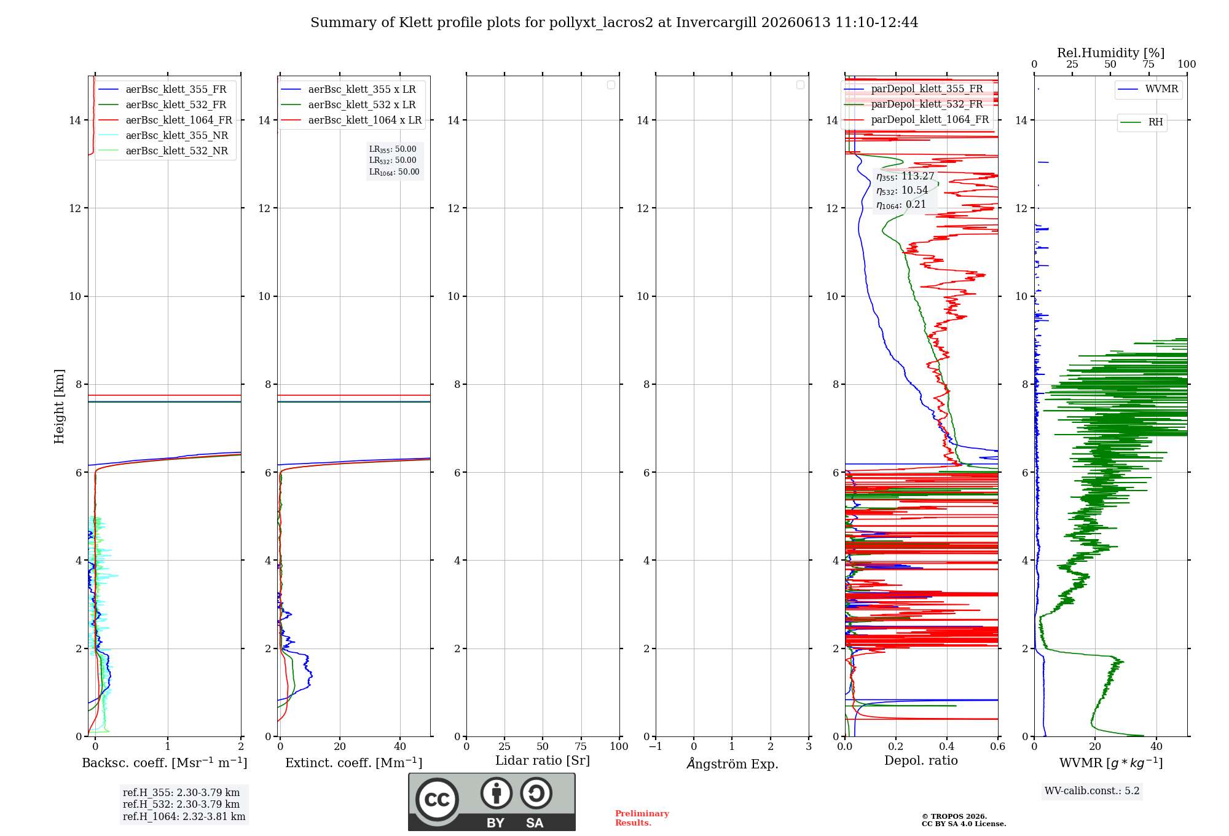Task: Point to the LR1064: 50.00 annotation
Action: (x=394, y=172)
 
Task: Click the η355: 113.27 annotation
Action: (x=905, y=176)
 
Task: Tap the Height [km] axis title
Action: (x=59, y=406)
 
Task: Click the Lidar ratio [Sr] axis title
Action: (x=543, y=761)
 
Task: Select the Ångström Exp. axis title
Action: (x=732, y=763)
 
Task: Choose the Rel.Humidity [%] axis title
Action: (x=1110, y=53)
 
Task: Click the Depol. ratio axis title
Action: (x=921, y=761)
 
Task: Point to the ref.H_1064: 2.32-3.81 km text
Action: (x=184, y=816)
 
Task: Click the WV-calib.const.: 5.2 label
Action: (x=1092, y=791)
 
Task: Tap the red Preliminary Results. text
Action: (x=642, y=818)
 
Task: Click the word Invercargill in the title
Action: (x=717, y=23)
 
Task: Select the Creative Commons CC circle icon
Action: (x=437, y=799)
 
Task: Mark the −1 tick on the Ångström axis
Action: (x=656, y=747)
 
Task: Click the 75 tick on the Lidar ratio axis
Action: (x=581, y=747)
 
